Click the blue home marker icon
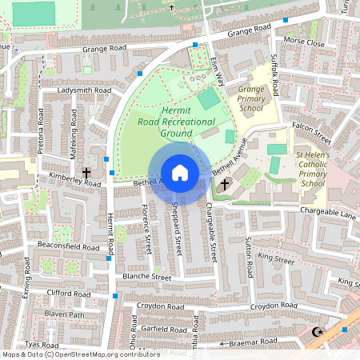[x=179, y=172]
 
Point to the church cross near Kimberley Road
[x=86, y=173]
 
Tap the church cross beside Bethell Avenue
[x=225, y=185]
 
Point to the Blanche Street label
[x=145, y=277]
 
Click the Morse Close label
[x=304, y=42]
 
